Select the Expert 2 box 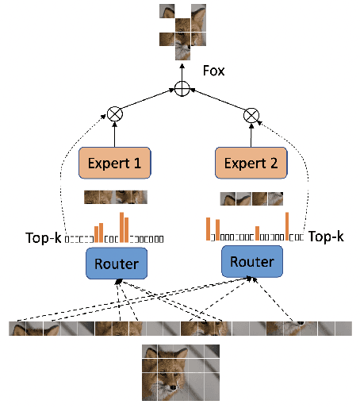coord(251,164)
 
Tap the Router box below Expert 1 coord(117,264)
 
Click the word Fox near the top coord(213,71)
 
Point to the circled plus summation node coord(183,89)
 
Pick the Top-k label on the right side coord(325,237)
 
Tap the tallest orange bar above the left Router coord(121,226)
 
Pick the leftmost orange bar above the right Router coord(209,229)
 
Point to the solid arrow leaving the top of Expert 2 coord(251,137)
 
